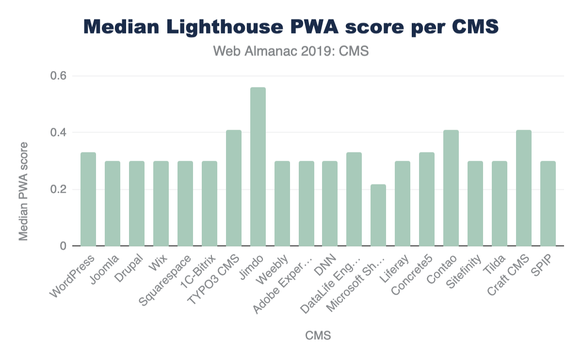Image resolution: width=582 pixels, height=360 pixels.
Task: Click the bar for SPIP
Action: pos(548,203)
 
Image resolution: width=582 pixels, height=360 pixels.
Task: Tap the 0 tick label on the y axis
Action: pos(63,246)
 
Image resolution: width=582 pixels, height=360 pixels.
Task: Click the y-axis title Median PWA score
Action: pos(23,191)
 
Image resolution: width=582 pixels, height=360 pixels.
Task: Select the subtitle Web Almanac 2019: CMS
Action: pos(291,51)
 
